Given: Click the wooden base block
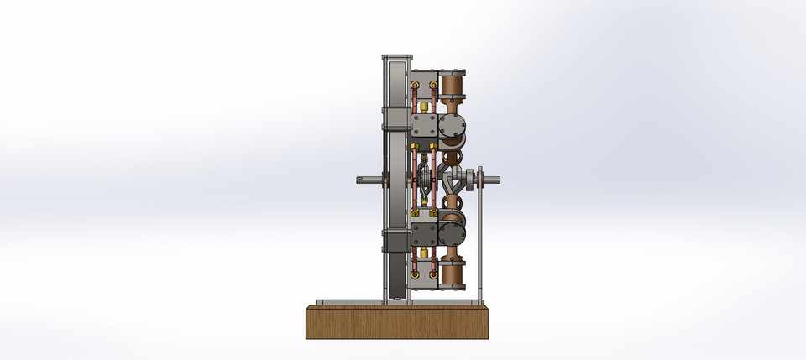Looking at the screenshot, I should [x=396, y=322].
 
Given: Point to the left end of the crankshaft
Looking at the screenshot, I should [x=363, y=178].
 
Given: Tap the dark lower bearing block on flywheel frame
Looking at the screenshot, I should [x=394, y=243].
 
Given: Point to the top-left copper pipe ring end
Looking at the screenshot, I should [x=415, y=85].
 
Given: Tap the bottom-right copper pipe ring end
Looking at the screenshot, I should [x=433, y=273].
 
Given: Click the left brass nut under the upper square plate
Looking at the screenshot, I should [x=415, y=148].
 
